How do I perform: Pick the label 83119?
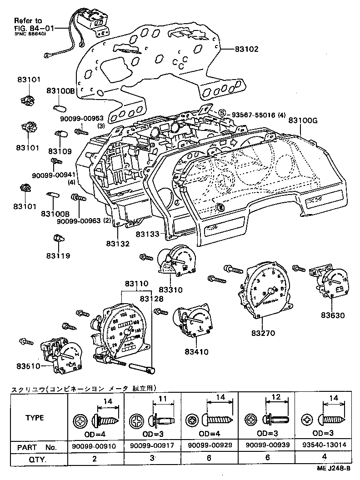(58, 256)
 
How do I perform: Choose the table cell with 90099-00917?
(152, 446)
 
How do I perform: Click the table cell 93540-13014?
(323, 446)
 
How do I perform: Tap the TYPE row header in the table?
(35, 418)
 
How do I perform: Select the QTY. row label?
(27, 459)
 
